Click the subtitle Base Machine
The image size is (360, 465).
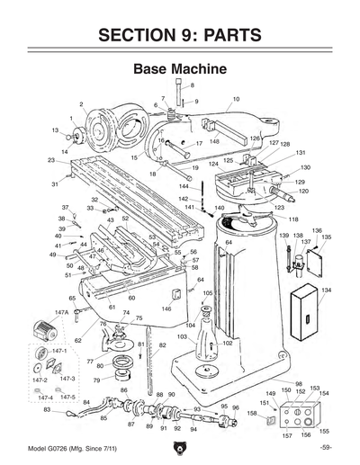[x=178, y=68]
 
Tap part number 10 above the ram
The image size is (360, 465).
[x=236, y=98]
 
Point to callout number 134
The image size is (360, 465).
[x=326, y=291]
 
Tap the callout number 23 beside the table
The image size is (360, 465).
[x=51, y=160]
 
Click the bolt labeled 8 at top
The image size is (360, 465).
[x=181, y=93]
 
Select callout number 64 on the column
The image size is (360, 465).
[x=229, y=242]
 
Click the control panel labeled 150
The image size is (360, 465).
[x=300, y=415]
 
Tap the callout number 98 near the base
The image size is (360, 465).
[x=299, y=383]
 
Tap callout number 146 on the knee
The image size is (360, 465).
[x=166, y=309]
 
